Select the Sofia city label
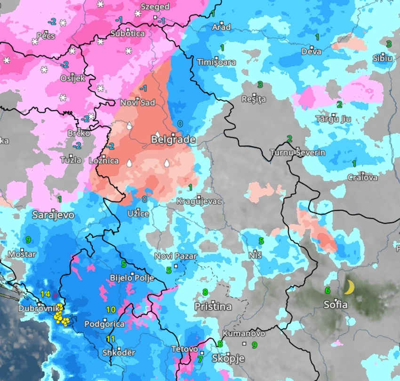click(x=336, y=305)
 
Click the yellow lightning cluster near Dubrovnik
click(x=62, y=318)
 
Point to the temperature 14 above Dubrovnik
click(x=45, y=294)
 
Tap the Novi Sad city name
click(x=137, y=103)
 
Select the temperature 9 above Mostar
click(x=28, y=240)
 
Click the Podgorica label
click(x=104, y=324)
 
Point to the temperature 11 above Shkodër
click(x=111, y=339)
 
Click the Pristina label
click(x=213, y=307)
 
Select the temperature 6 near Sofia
click(x=328, y=290)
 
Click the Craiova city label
click(x=362, y=178)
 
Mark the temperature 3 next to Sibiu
click(x=389, y=44)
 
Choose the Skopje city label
click(x=228, y=359)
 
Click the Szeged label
click(x=155, y=7)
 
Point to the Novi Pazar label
click(x=176, y=257)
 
